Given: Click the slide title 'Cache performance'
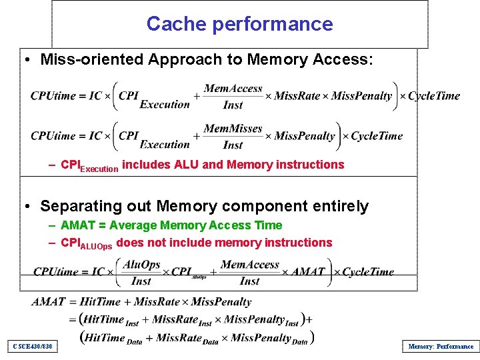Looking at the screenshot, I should [239, 24].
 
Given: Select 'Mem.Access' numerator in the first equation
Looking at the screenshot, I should [233, 88].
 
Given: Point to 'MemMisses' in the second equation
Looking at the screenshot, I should [233, 128].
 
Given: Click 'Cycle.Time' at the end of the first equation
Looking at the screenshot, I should [434, 96].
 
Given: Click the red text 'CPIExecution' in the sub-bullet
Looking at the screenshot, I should [89, 165].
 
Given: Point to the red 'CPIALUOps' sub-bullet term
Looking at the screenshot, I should [87, 243].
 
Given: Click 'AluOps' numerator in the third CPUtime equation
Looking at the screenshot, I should [142, 265].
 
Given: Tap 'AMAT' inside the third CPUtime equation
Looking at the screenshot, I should [307, 272].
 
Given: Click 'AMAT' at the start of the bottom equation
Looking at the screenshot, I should [48, 302].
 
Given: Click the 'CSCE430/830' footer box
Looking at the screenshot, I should [32, 346].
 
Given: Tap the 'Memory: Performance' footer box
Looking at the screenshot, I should [440, 346].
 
